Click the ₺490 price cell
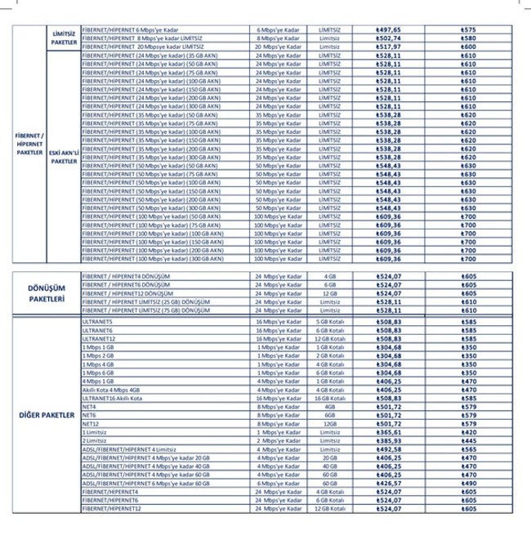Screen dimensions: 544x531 pos(468,483)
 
